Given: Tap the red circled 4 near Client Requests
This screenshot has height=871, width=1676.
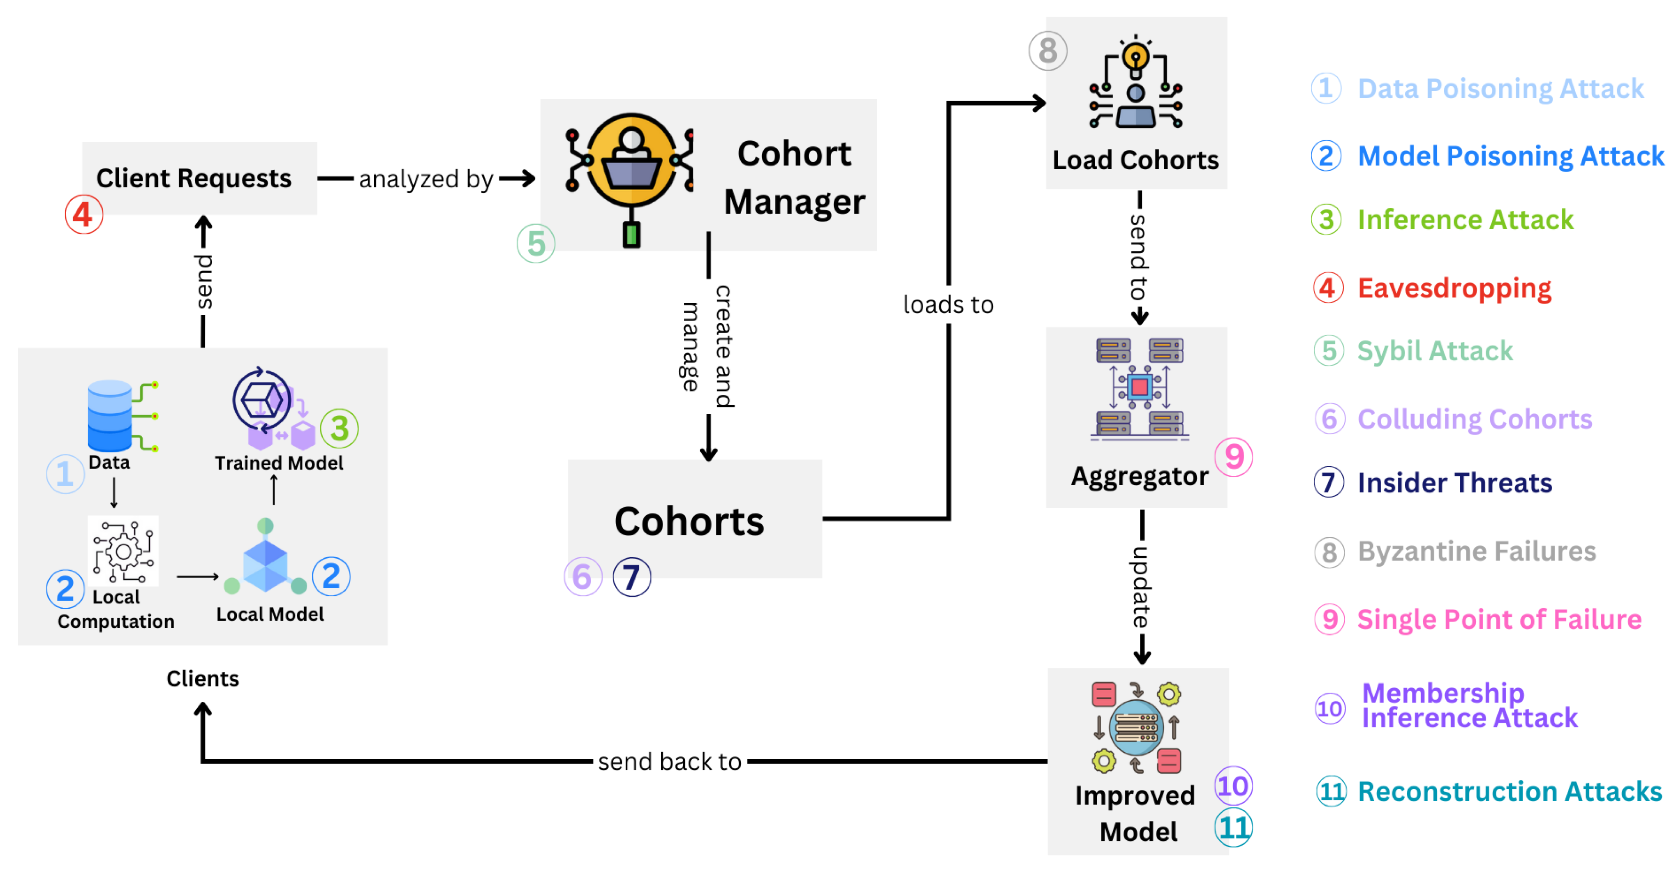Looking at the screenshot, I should (83, 214).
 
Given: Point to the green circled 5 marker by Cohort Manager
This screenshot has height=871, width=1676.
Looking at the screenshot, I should (536, 244).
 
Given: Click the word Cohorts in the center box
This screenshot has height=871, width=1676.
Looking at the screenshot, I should (688, 522).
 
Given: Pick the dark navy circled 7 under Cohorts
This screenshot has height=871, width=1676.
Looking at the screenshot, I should (631, 577).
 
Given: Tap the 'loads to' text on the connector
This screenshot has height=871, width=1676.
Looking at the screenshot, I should (948, 304).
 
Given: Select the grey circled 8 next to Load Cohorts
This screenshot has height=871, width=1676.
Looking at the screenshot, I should (1047, 51).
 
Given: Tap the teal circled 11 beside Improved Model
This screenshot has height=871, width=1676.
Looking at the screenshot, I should (1233, 828).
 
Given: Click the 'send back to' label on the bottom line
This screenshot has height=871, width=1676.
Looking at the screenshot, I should (670, 761).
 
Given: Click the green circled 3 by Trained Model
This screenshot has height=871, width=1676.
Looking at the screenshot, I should (339, 428).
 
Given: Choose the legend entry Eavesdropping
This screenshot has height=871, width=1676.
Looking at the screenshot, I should (1454, 288).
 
